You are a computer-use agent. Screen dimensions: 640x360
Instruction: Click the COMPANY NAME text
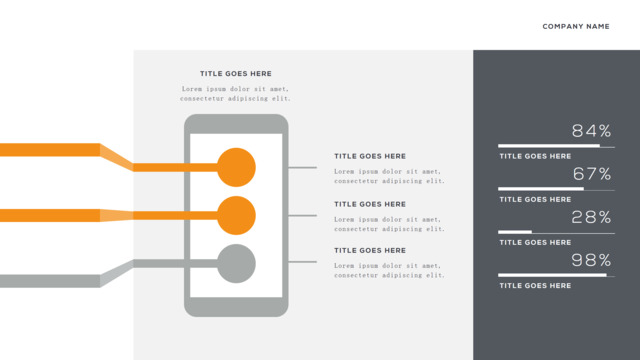(576, 27)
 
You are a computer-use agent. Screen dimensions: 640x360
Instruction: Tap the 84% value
(591, 131)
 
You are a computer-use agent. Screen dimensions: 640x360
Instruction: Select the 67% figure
(592, 174)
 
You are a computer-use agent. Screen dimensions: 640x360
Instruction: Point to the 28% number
(591, 217)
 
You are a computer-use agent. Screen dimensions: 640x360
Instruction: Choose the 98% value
(591, 260)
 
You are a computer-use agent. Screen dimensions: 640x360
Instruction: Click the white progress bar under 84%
(549, 146)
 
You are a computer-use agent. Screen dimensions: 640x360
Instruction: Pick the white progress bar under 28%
(515, 232)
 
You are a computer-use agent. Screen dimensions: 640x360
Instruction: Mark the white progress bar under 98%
(552, 275)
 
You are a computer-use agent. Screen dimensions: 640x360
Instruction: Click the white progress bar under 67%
(541, 189)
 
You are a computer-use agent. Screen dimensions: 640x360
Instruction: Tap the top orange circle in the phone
(236, 167)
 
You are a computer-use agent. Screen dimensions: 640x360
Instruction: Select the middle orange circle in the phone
(236, 216)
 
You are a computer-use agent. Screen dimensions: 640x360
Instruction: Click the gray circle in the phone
(236, 264)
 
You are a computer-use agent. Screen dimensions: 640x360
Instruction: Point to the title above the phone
(236, 74)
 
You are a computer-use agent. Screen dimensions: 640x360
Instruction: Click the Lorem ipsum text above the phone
(236, 93)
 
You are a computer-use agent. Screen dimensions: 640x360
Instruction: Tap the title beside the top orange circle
(370, 156)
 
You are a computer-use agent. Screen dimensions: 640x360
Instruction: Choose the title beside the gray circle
(370, 251)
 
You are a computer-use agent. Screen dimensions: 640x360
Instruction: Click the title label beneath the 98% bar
(536, 286)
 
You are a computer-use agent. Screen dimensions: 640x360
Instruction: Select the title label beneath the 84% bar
(536, 156)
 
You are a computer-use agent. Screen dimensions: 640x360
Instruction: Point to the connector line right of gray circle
(302, 262)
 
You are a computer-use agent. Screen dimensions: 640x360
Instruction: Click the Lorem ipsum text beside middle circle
(389, 224)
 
